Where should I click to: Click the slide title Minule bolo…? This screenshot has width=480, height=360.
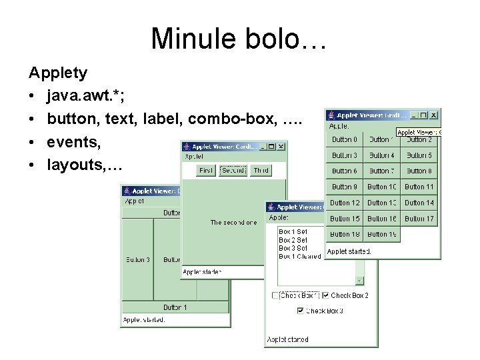tap(239, 38)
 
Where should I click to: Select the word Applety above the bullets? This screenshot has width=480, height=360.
tap(57, 71)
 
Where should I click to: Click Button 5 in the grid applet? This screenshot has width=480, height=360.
tap(419, 155)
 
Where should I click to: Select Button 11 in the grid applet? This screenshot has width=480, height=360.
tap(419, 187)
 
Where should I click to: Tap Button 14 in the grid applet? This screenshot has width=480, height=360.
tap(419, 203)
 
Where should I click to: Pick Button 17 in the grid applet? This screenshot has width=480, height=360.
tap(419, 219)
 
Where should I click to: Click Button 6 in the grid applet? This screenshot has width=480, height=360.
tap(345, 171)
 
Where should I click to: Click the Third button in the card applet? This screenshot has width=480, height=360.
tap(261, 171)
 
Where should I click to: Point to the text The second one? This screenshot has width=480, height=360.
tap(233, 223)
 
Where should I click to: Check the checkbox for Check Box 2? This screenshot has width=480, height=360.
tap(326, 295)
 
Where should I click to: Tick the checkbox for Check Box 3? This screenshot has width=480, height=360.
tap(301, 311)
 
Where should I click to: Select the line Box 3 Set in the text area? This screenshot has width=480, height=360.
tap(293, 248)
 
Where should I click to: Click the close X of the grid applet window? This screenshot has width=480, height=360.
tap(433, 115)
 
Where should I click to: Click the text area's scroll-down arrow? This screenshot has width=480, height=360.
tap(360, 281)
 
